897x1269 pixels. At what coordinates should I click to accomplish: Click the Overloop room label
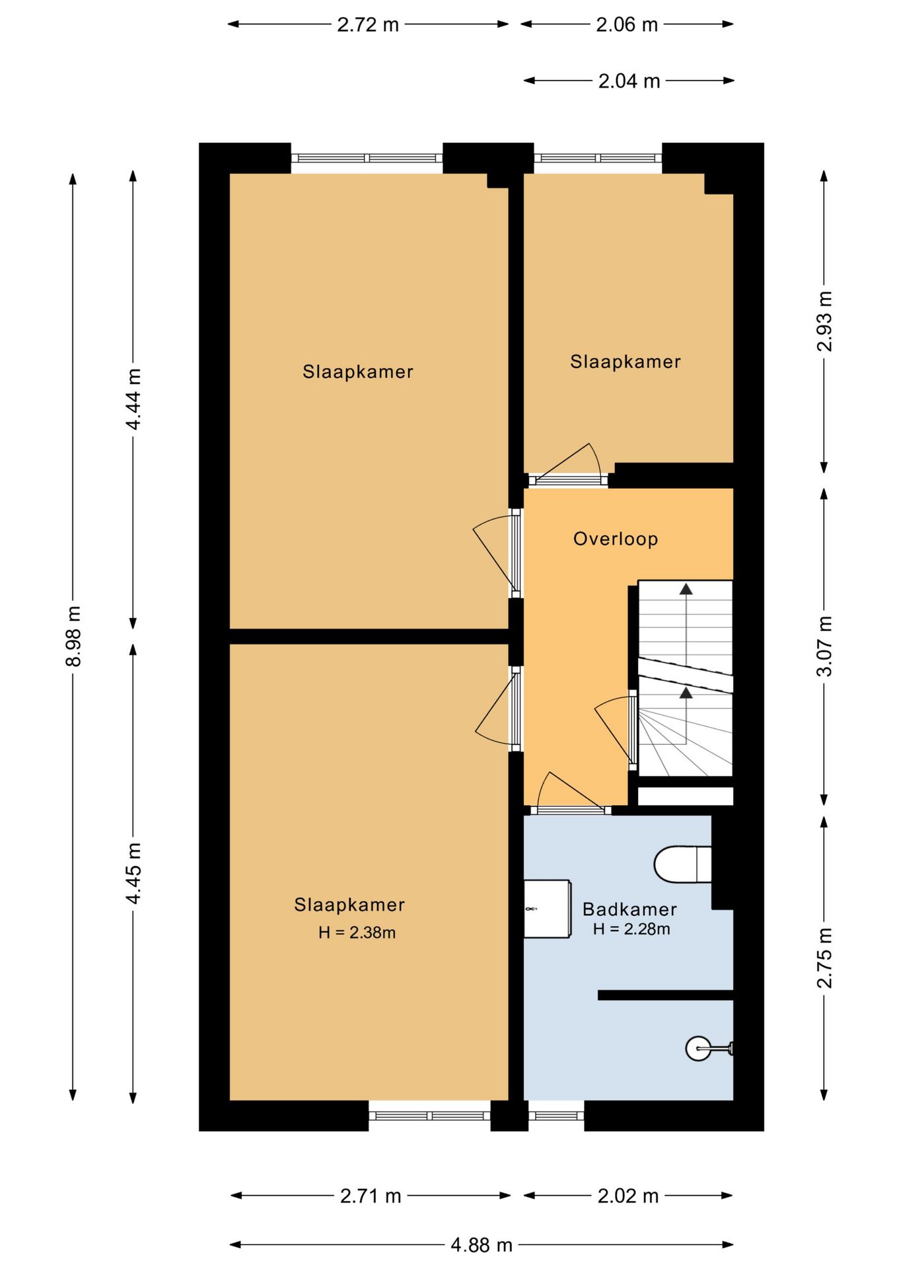point(616,539)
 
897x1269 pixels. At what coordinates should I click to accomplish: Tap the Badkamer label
point(629,909)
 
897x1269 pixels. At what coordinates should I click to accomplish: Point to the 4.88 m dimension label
point(482,1245)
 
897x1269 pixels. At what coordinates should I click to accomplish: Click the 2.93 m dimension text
point(825,321)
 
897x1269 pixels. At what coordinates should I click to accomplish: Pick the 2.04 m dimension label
point(629,81)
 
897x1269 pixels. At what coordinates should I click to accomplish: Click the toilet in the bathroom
point(682,864)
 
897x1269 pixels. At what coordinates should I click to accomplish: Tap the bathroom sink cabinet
point(547,908)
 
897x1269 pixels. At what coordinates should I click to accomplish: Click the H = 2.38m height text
point(357,933)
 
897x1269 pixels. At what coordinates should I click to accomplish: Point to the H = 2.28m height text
point(631,929)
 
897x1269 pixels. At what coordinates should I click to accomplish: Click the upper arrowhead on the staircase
point(686,588)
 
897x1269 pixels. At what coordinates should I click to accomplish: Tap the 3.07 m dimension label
point(825,646)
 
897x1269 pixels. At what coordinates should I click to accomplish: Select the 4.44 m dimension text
point(133,399)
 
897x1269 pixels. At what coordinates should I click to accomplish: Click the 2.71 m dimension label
point(371,1196)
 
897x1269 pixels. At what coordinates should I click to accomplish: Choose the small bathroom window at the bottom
point(556,1116)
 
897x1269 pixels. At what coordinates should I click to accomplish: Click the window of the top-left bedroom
point(367,158)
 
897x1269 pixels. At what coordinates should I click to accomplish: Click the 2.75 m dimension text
point(825,958)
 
